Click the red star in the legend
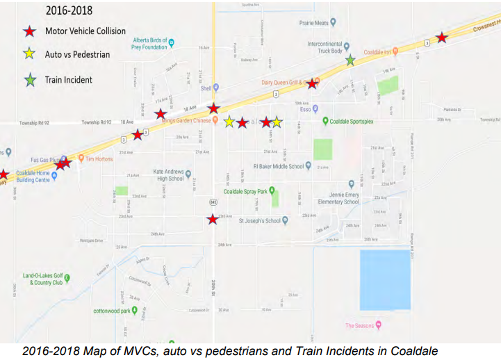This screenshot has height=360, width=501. point(29,31)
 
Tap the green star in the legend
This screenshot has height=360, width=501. point(29,79)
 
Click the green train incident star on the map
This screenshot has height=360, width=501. point(351,60)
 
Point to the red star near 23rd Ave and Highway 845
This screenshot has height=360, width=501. point(212,220)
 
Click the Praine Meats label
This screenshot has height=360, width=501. point(313,23)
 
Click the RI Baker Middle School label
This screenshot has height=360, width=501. point(279,166)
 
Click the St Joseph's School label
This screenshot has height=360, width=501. point(259,221)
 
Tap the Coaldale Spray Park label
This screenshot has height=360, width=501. point(245,191)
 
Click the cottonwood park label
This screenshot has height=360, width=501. point(112,311)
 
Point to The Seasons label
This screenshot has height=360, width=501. point(359,326)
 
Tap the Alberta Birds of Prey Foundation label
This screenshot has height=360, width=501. point(150,44)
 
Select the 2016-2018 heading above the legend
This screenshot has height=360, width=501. point(68,11)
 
